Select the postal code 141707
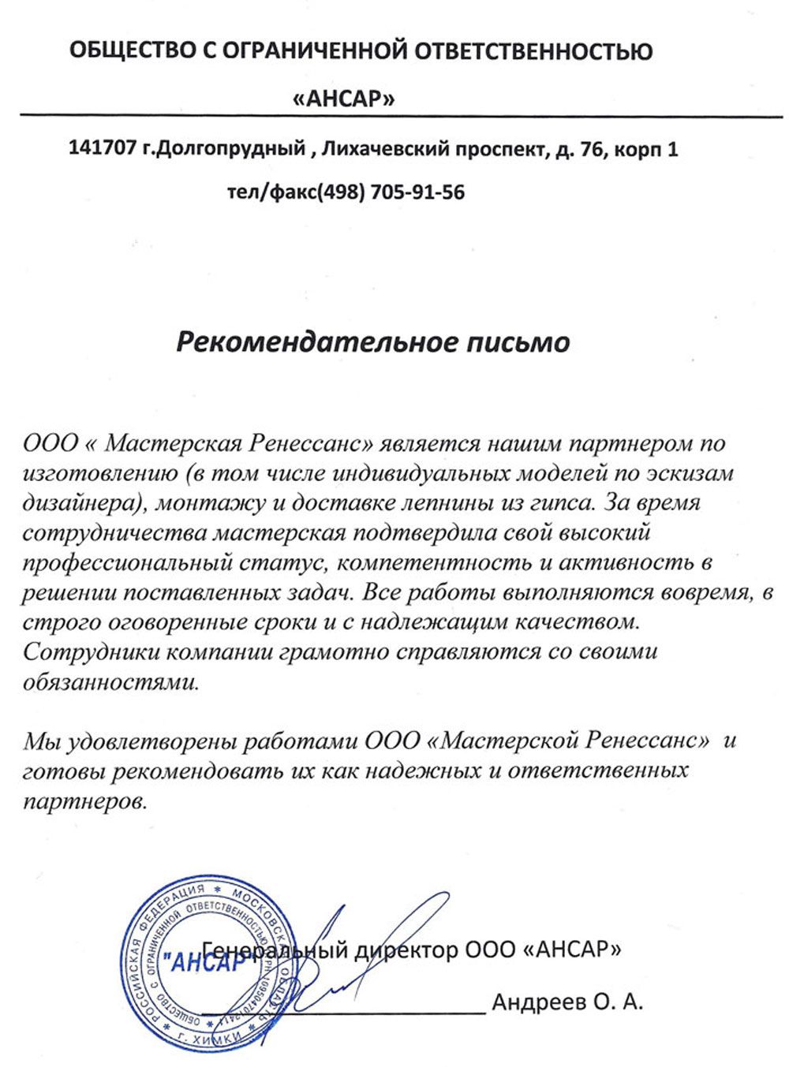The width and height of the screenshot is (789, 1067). (103, 148)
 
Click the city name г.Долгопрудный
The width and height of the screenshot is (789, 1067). (224, 148)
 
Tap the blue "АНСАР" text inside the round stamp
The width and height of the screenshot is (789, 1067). (203, 963)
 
